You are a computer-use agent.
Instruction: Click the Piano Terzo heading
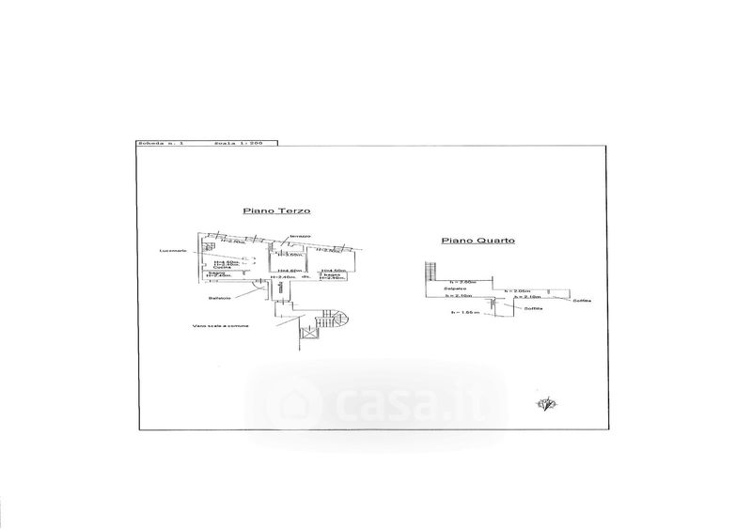point(277,212)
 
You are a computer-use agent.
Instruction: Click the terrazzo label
point(300,235)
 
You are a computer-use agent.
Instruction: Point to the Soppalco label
point(458,290)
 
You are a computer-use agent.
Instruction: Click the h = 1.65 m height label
point(465,312)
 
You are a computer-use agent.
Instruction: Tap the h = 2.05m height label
point(517,290)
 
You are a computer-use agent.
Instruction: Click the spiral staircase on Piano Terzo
point(335,322)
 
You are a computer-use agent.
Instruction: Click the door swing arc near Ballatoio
point(258,291)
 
